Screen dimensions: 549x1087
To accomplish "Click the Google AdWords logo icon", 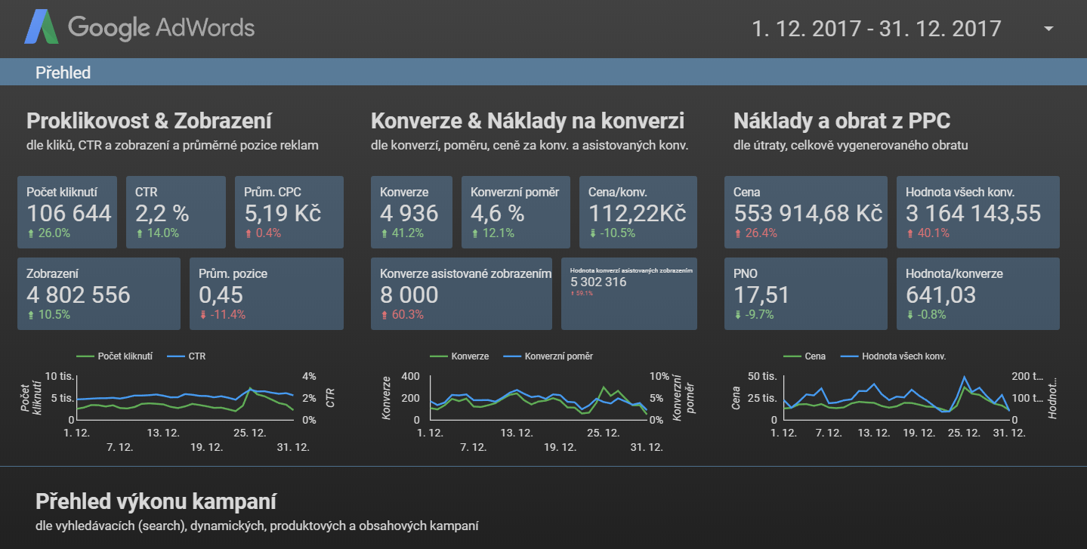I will coord(42,28).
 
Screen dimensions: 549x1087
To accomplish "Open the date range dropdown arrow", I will coord(1048,29).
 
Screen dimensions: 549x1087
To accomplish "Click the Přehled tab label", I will coord(63,72).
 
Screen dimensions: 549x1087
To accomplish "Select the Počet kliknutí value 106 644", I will coord(69,213).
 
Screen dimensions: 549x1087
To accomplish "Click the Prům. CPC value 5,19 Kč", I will coord(283,213).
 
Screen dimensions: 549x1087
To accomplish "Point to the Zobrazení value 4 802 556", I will coord(79,295).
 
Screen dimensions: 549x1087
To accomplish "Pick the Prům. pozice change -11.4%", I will coord(222,315).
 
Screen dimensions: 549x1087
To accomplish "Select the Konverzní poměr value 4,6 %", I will coord(497,213).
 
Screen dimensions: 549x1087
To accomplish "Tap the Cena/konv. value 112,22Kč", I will coord(637,213).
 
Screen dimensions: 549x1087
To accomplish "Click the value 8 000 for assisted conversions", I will coord(409,295).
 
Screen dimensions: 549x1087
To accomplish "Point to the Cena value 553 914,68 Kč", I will coord(808,213).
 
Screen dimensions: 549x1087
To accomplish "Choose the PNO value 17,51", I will coord(761,295).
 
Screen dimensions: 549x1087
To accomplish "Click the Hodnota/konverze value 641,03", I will coord(940,295).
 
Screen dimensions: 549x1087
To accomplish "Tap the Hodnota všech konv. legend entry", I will coord(903,356).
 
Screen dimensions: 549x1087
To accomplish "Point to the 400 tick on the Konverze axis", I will coord(410,376).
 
